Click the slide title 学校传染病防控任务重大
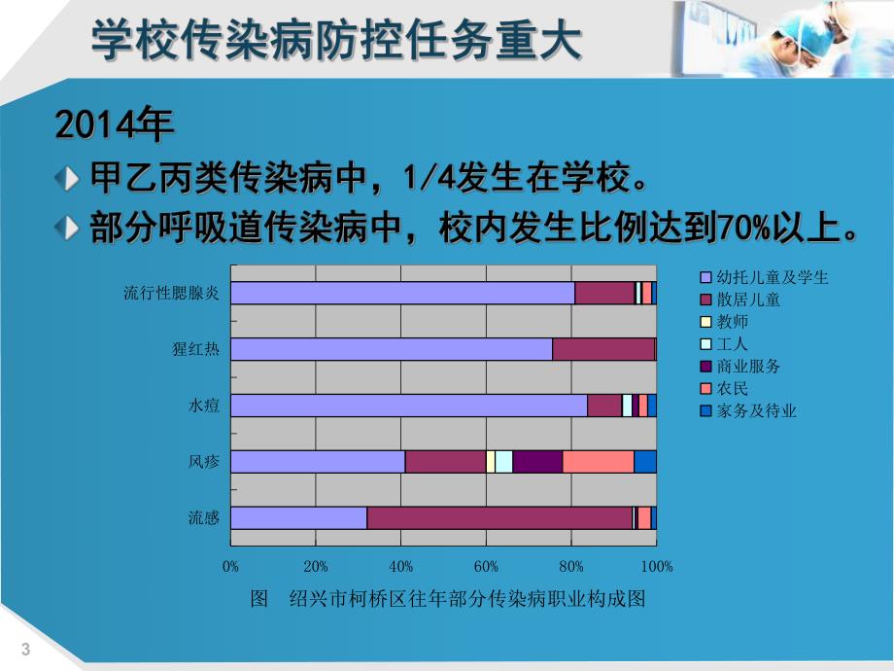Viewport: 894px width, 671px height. [336, 40]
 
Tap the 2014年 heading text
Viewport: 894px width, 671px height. [114, 125]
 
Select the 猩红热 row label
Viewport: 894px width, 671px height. [195, 349]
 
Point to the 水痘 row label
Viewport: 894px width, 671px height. [204, 406]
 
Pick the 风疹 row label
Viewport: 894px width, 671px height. [204, 462]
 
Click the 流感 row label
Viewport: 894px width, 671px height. [204, 518]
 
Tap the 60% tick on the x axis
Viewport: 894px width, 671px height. [486, 567]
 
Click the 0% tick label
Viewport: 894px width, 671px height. [231, 567]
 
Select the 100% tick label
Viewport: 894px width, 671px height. [657, 567]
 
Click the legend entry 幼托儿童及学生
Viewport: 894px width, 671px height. [772, 278]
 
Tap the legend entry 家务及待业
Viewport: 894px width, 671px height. [756, 411]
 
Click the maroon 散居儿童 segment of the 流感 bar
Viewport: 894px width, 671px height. [499, 518]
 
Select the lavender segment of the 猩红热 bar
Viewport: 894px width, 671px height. [391, 349]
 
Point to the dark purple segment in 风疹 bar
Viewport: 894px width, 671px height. [537, 462]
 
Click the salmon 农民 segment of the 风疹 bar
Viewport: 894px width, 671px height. [598, 462]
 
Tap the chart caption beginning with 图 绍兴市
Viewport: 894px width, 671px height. [448, 599]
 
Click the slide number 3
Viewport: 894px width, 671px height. [25, 650]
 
